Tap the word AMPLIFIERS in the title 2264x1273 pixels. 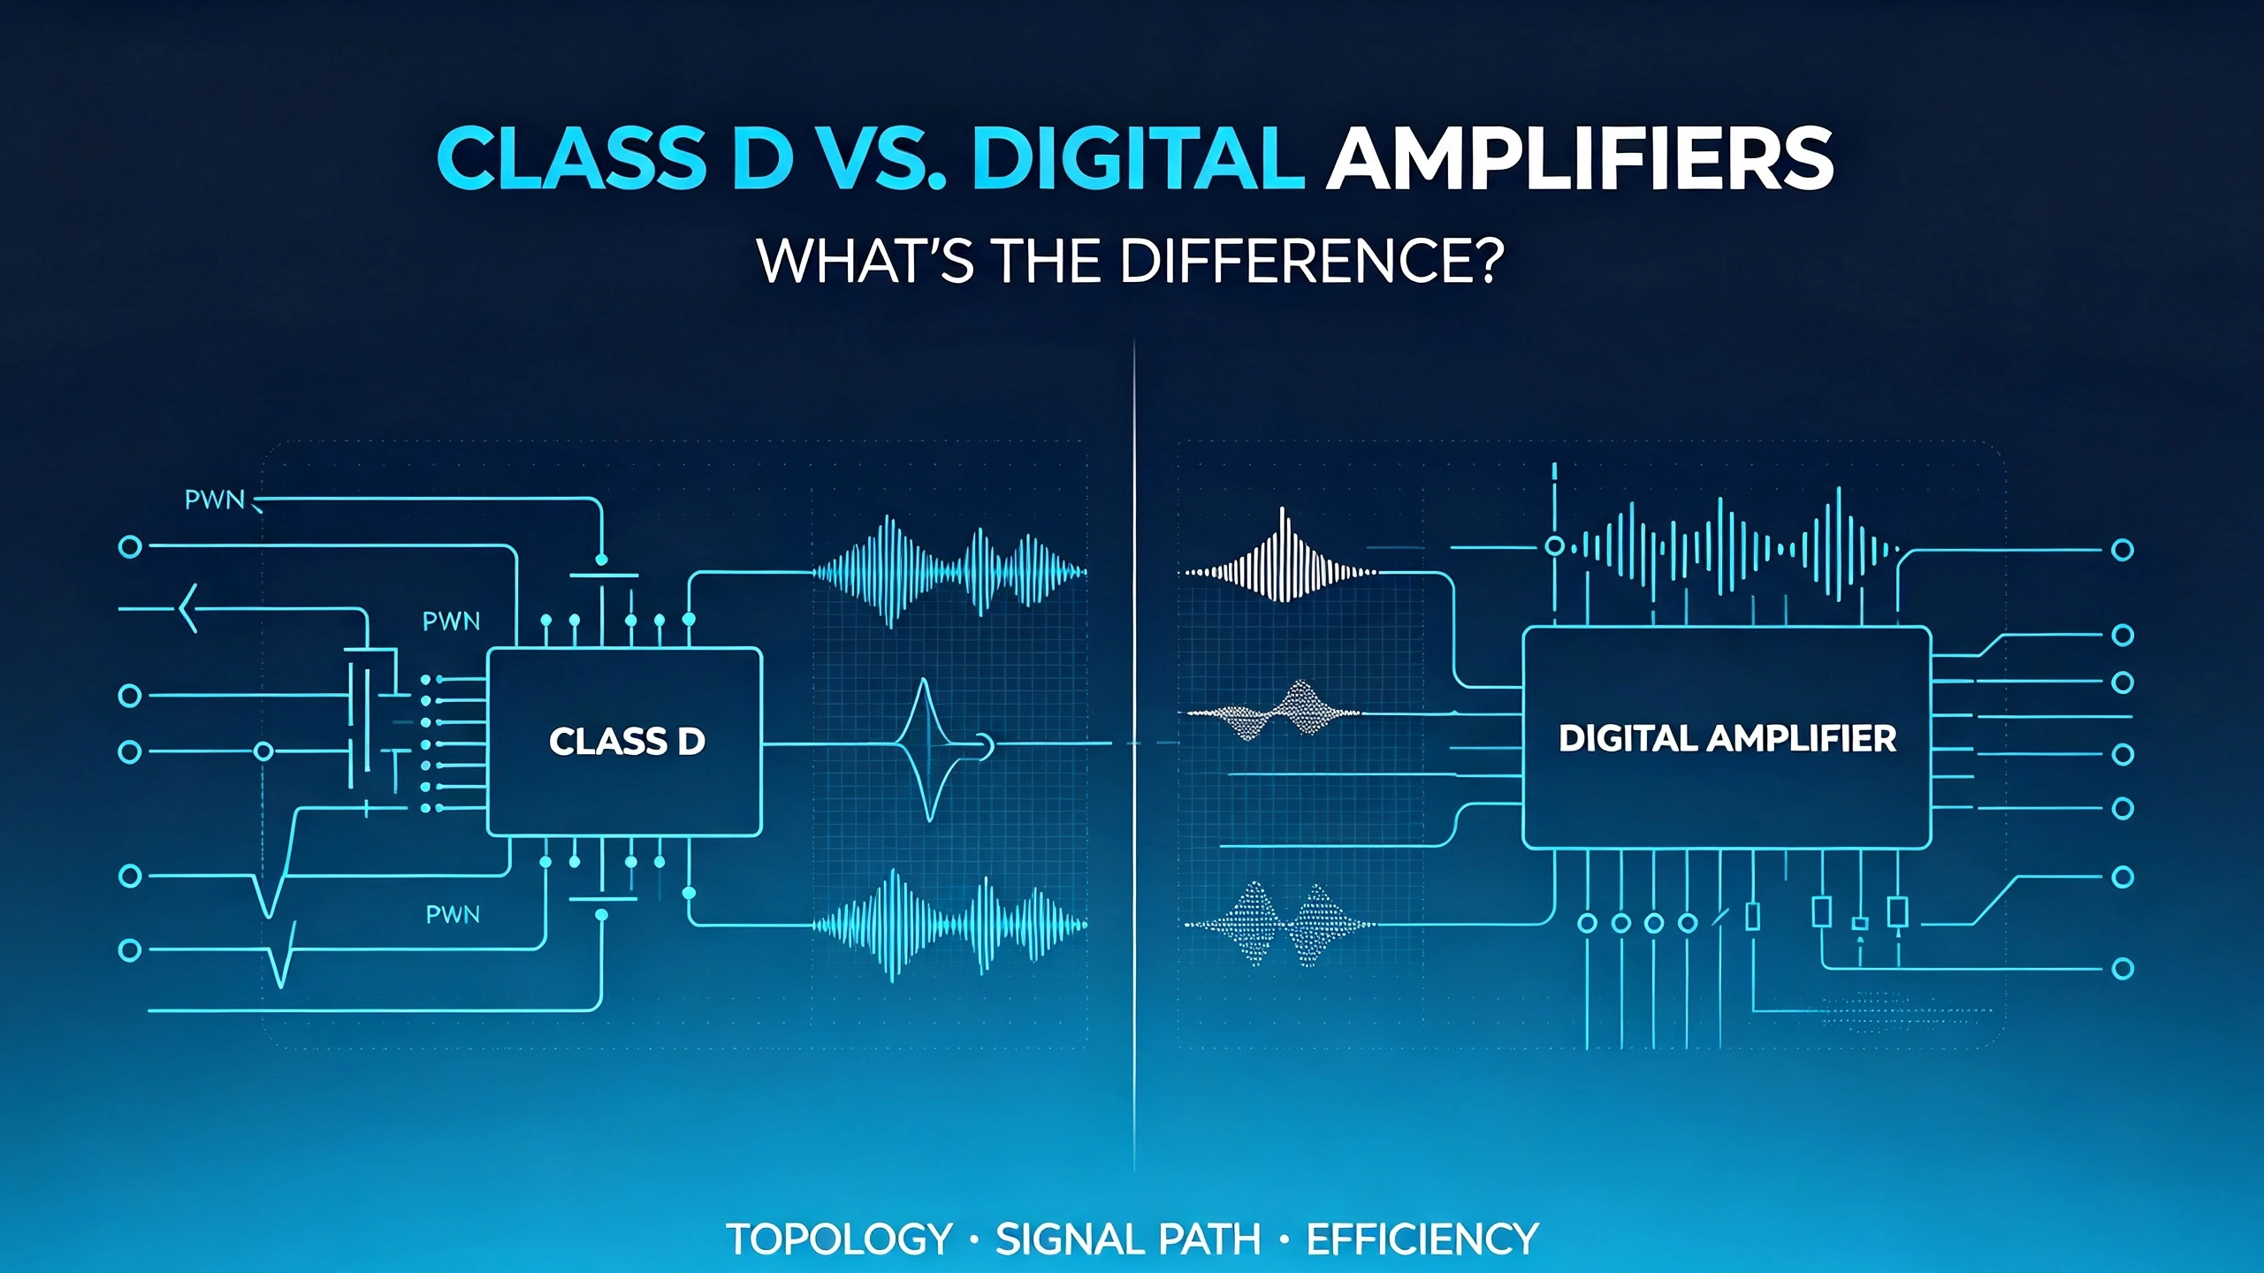pyautogui.click(x=1579, y=158)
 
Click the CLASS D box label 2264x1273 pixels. pyautogui.click(x=627, y=741)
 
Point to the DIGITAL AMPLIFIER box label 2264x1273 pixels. pyautogui.click(x=1727, y=738)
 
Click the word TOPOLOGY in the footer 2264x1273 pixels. pyautogui.click(x=839, y=1239)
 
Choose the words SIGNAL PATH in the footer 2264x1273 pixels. pyautogui.click(x=1128, y=1239)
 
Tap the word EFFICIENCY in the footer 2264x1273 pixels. pyautogui.click(x=1422, y=1239)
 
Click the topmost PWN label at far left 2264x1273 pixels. pyautogui.click(x=214, y=500)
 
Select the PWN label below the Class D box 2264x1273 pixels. pyautogui.click(x=453, y=914)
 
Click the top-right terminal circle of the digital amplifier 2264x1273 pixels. pyautogui.click(x=2123, y=550)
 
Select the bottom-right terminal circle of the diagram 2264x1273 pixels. pyautogui.click(x=2123, y=969)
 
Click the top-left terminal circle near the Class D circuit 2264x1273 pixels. pyautogui.click(x=130, y=546)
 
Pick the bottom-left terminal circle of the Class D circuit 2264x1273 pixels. pyautogui.click(x=130, y=950)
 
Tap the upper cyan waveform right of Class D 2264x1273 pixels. pyautogui.click(x=949, y=572)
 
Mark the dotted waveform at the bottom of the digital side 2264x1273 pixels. pyautogui.click(x=1278, y=925)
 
